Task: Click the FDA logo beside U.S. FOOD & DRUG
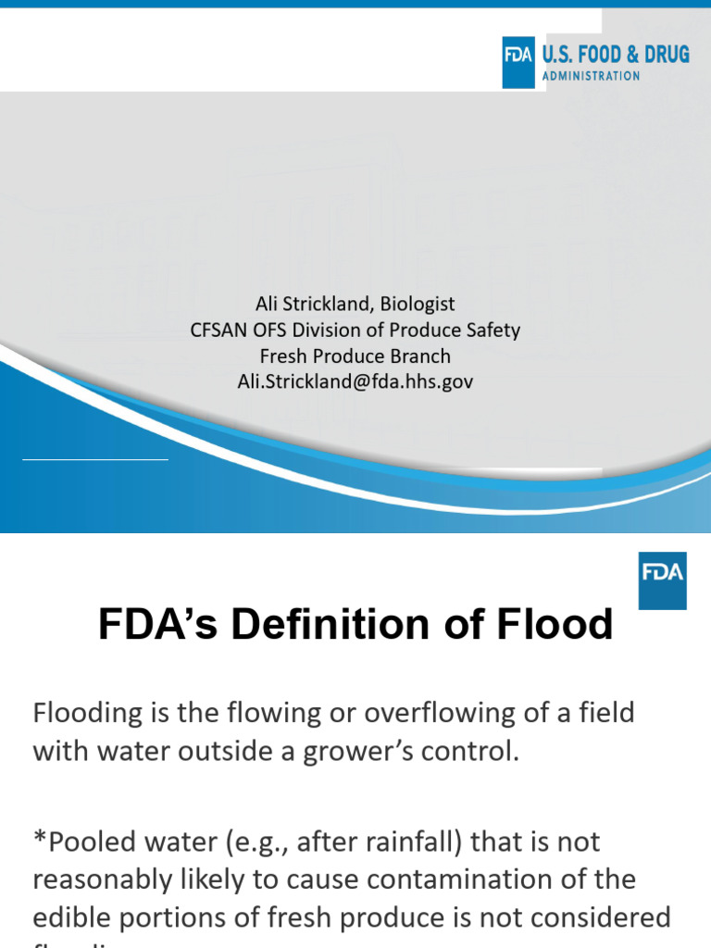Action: [518, 62]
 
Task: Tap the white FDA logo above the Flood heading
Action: [663, 580]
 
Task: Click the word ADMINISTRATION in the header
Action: [591, 76]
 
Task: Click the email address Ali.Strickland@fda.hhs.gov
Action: [355, 381]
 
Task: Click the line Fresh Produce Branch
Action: [355, 355]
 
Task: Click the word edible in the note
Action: [71, 917]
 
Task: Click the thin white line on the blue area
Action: [95, 458]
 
